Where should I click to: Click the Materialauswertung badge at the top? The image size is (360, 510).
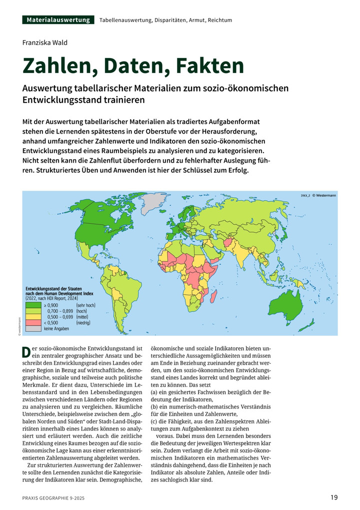pos(58,20)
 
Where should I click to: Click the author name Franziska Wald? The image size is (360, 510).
pos(45,43)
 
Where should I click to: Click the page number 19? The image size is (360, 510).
pos(334,497)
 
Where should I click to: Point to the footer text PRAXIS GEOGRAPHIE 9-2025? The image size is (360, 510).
pos(56,497)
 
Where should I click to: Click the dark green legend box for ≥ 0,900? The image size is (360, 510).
pos(33,305)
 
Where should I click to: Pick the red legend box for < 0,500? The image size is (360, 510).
pos(33,322)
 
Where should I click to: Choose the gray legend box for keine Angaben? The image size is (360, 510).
pos(33,328)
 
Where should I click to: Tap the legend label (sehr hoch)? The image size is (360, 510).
pos(85,305)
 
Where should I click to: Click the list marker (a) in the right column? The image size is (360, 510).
pos(154,393)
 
